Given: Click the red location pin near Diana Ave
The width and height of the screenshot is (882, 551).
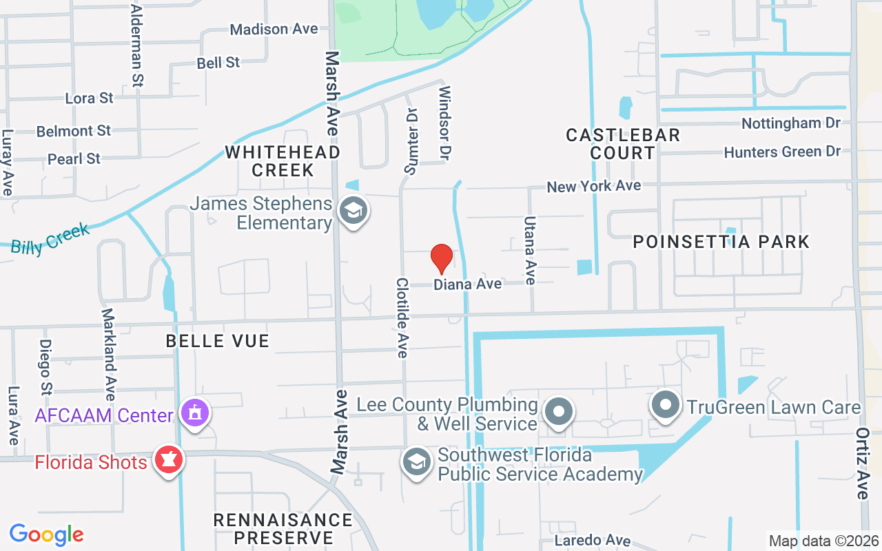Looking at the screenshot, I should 441,259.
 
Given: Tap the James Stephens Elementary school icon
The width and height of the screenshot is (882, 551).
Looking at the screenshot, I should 353,212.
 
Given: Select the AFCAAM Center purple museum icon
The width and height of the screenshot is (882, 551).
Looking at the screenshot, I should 196,413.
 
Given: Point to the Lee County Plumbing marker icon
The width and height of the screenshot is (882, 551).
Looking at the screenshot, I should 558,413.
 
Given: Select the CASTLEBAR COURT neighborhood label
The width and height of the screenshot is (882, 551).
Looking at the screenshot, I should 623,144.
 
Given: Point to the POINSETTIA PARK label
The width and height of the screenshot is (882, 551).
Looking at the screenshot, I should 721,242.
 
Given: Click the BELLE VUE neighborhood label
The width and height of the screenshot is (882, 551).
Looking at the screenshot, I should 217,341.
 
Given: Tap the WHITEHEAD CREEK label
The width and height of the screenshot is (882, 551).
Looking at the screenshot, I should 283,160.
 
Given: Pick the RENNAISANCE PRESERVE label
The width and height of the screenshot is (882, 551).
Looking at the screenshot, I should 283,528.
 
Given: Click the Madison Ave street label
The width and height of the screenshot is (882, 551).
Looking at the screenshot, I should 274,29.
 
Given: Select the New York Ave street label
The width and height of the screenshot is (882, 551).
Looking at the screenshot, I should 593,186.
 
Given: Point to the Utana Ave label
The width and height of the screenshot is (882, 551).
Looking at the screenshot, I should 530,251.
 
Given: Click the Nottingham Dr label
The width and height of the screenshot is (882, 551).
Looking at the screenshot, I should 791,123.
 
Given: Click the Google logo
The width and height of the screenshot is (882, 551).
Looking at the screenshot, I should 47,534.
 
